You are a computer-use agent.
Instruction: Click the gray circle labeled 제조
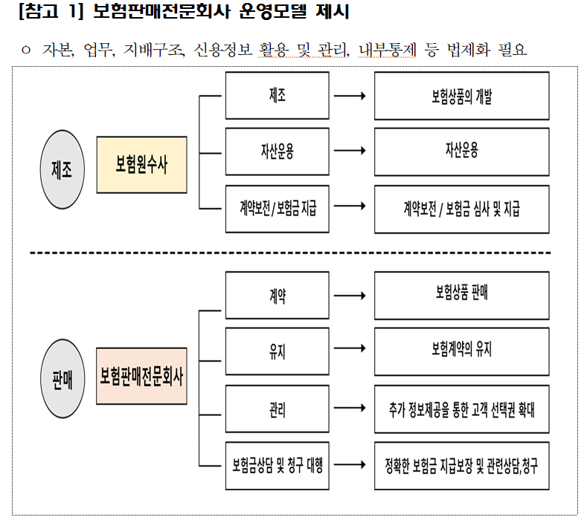(62, 169)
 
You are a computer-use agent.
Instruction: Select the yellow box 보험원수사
(141, 165)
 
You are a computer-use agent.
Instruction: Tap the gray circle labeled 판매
(62, 377)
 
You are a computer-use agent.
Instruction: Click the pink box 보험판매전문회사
(141, 376)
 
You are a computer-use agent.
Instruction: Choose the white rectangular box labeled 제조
(277, 96)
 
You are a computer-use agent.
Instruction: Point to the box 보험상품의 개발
(461, 96)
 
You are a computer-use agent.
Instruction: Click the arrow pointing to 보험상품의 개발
(350, 96)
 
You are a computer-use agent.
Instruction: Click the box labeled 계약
(277, 295)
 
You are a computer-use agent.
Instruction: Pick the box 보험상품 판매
(461, 293)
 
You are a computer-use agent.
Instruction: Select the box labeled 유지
(277, 351)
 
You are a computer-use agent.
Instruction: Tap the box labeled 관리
(277, 409)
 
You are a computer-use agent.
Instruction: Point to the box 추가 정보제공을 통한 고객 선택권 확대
(461, 409)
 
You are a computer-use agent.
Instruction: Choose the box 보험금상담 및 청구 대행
(277, 466)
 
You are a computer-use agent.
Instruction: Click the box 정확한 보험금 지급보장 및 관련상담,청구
(461, 466)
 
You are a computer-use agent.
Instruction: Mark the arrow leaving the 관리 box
(350, 407)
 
